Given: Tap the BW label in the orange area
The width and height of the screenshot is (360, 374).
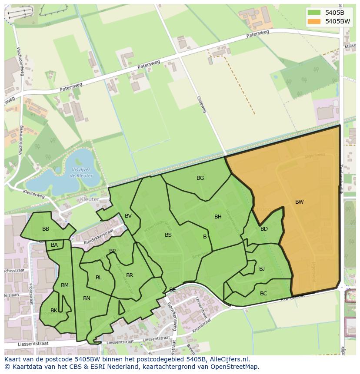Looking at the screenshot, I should point(299,202).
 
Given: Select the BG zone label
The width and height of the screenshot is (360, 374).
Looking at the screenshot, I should point(200,178).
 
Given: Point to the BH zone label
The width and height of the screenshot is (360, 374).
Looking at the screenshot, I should point(218,217).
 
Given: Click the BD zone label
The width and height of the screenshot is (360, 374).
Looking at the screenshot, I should point(264,229).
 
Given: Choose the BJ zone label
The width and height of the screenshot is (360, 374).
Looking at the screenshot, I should point(262,269).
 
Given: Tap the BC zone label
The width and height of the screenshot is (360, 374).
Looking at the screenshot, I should point(263,294).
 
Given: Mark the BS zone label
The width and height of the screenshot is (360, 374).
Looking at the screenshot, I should point(168,235).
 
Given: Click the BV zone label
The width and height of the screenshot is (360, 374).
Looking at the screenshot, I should point(128,216).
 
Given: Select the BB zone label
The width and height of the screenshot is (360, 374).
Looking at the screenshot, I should point(46,229).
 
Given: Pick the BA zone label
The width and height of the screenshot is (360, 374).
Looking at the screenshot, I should point(54,245).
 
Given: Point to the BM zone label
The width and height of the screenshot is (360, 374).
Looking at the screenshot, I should point(65,285).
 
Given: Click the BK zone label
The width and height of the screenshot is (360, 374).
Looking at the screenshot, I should point(54,311).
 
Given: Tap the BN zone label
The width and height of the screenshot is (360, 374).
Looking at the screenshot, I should point(87,298).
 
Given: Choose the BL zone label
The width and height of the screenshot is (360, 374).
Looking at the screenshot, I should point(99,278).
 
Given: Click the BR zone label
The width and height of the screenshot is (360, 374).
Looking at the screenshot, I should point(130,275).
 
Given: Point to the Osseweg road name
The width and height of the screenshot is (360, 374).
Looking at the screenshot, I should point(201,104).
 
